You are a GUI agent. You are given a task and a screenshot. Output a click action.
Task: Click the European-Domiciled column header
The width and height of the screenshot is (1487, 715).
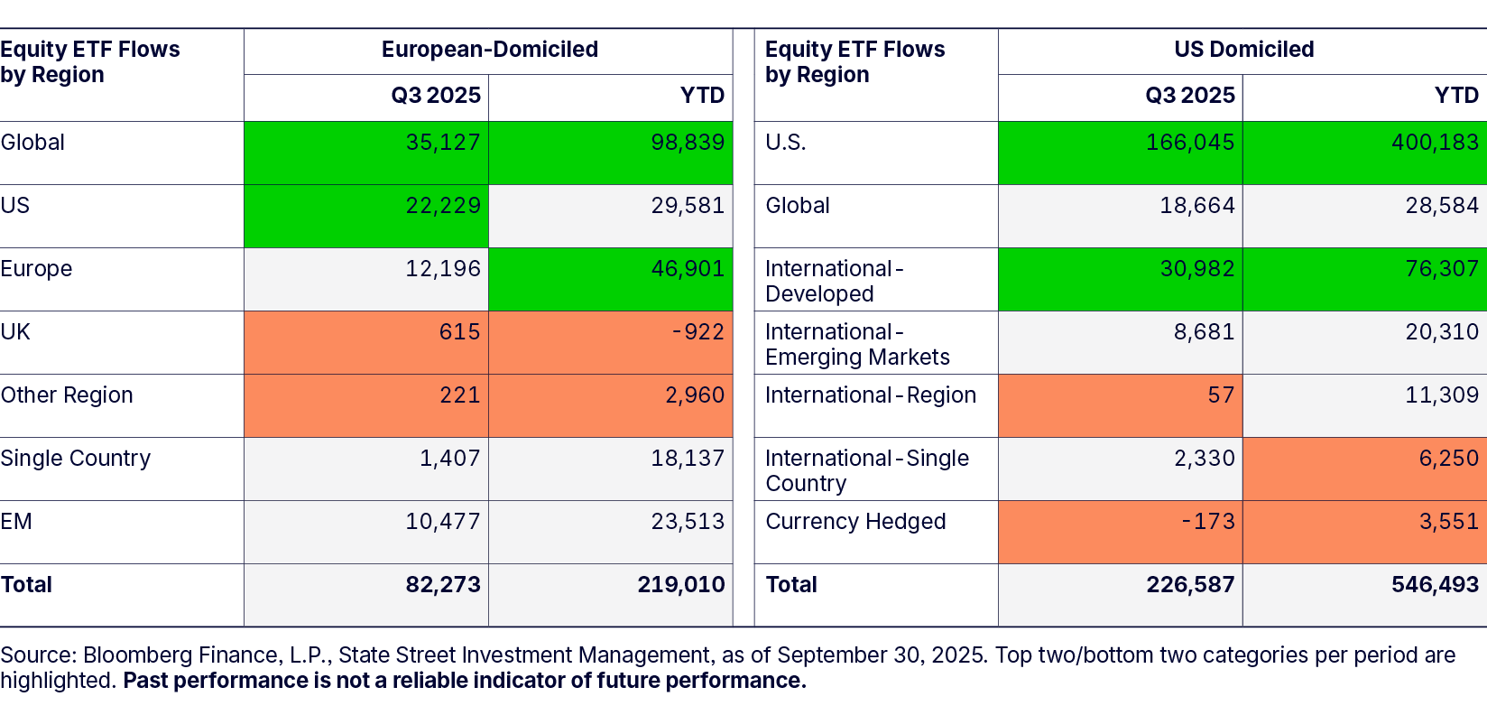(x=489, y=50)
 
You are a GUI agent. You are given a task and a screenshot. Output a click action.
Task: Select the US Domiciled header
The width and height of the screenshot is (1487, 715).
(x=1243, y=50)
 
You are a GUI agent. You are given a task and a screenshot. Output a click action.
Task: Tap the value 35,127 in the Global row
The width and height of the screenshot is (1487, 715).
(x=443, y=143)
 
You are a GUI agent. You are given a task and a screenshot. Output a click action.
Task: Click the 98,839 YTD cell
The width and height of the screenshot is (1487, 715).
(x=688, y=143)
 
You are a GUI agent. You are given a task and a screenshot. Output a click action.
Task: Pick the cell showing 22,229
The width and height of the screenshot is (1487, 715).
(x=443, y=206)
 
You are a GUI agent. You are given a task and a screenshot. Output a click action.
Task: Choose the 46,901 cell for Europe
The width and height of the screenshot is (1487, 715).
(x=688, y=269)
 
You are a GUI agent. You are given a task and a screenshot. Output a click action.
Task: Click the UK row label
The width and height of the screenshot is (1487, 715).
(x=15, y=332)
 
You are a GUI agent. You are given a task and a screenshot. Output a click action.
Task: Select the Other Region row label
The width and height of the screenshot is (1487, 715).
(x=67, y=395)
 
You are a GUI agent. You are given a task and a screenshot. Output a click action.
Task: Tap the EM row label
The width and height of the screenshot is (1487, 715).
(x=16, y=522)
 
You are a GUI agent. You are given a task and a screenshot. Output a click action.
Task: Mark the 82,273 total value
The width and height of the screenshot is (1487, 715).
(x=443, y=585)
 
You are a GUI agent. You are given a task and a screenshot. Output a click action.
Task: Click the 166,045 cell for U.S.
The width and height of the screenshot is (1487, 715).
(x=1189, y=143)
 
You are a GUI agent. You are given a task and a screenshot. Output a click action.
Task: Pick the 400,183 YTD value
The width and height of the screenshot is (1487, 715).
(x=1435, y=143)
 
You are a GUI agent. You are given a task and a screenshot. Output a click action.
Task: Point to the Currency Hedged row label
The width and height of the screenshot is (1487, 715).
(x=855, y=522)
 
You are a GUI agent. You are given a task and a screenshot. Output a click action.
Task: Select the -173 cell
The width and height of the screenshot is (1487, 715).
(x=1208, y=522)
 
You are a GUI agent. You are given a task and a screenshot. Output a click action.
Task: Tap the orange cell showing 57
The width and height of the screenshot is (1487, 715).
(x=1221, y=395)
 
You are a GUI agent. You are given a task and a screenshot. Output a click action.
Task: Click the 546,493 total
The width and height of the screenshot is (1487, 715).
(x=1435, y=585)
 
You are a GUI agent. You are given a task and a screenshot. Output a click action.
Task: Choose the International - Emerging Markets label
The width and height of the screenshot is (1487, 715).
(x=857, y=345)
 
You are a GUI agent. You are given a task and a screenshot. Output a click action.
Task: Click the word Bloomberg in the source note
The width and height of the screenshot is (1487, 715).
(x=139, y=655)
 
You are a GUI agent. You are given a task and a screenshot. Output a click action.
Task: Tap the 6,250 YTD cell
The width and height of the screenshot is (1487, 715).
(x=1448, y=459)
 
